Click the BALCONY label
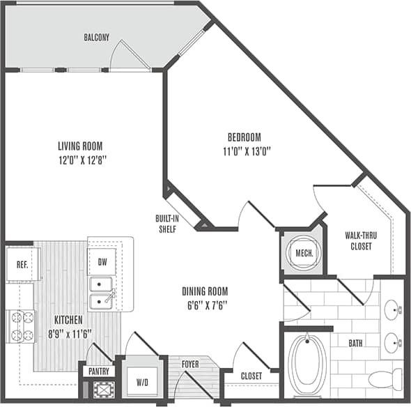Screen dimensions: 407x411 [97, 37]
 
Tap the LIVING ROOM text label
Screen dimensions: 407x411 [80, 146]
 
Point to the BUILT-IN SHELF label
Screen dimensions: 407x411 [166, 223]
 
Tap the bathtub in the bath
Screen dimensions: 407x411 [307, 364]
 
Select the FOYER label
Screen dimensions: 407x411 [189, 363]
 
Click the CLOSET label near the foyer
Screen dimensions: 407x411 [251, 376]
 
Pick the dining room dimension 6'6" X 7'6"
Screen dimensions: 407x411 [205, 305]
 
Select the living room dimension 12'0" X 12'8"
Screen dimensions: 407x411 [80, 160]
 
